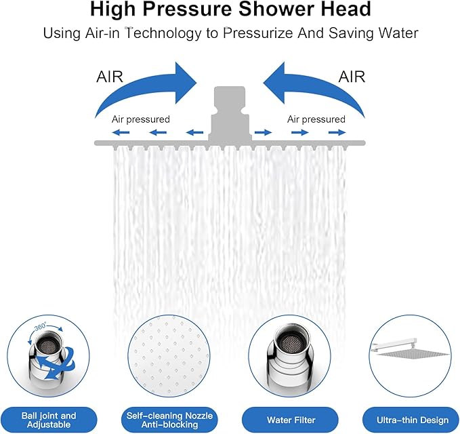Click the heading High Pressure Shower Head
click(230, 10)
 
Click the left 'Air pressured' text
click(141, 119)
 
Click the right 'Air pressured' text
click(316, 119)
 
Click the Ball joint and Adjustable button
click(49, 420)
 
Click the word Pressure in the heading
click(205, 10)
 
